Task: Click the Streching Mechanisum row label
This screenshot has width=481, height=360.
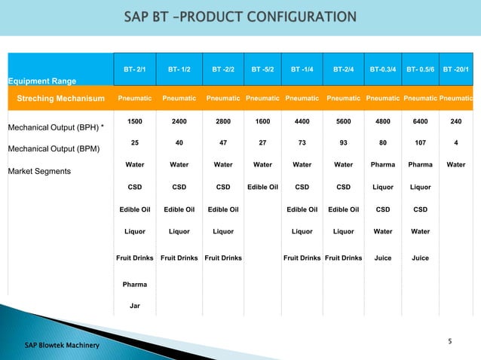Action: click(57, 98)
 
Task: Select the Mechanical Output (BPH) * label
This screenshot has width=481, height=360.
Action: click(55, 127)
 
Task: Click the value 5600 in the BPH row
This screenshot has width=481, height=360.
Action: click(343, 121)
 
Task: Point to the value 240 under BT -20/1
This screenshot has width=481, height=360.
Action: click(455, 121)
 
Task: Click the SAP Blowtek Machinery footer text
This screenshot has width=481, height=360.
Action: click(60, 345)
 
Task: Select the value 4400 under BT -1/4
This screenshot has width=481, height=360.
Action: click(302, 121)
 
